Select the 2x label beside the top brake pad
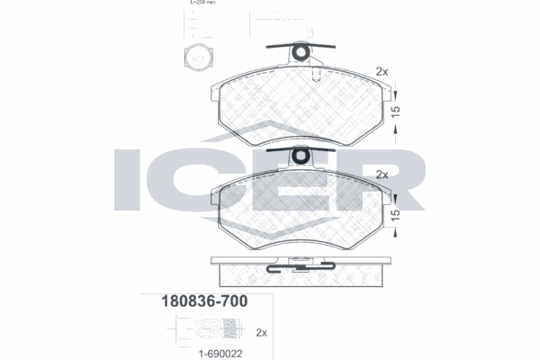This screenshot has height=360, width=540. (x=381, y=71)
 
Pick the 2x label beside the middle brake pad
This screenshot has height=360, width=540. (x=381, y=174)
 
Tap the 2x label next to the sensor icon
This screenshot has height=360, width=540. (x=262, y=332)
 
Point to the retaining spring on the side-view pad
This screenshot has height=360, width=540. (x=301, y=265)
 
